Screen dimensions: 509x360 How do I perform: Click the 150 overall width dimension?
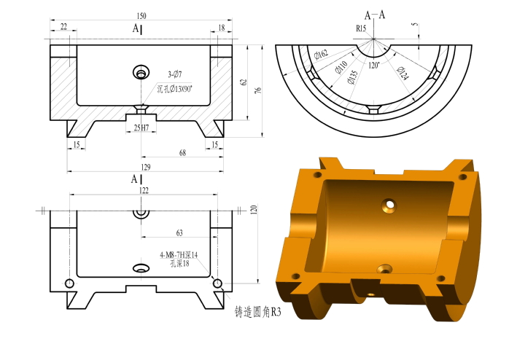point(141,16)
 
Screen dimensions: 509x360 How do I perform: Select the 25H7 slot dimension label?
point(141,128)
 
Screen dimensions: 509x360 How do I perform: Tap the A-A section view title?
point(375,15)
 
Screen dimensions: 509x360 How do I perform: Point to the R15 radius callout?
point(361,28)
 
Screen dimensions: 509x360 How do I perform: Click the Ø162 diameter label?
point(322,54)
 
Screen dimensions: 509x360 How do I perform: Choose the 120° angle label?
point(374,66)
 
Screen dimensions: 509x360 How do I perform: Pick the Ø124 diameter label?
point(403,74)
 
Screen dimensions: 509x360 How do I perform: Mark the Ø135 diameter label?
point(352,77)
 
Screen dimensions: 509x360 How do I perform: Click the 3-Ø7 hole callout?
point(174,74)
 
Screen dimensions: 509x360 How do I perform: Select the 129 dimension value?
point(146,167)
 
